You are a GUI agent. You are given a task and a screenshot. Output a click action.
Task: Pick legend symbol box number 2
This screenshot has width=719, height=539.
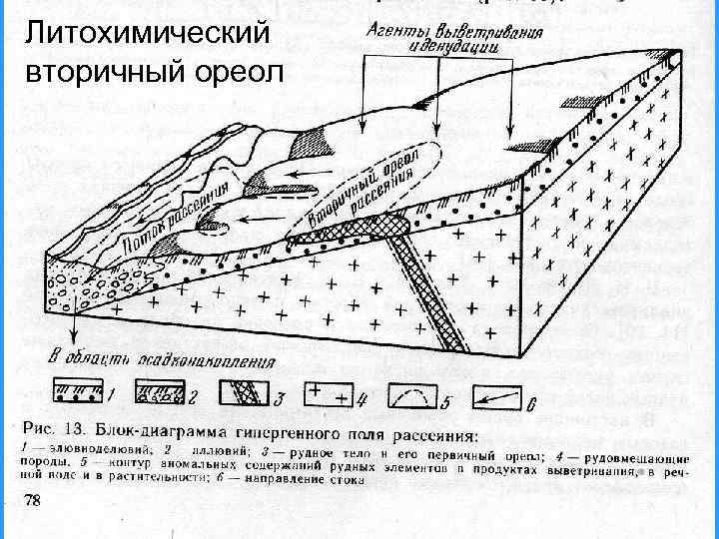point(165,396)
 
